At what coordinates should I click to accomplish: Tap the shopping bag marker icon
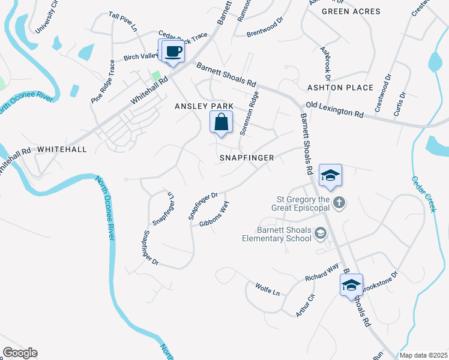(x=221, y=122)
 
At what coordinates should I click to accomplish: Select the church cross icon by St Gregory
(x=339, y=202)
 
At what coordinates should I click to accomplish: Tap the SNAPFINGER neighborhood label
(x=246, y=158)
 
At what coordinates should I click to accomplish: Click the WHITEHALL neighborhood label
(x=62, y=148)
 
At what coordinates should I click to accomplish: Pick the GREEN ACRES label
(x=351, y=11)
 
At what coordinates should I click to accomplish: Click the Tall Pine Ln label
(x=123, y=22)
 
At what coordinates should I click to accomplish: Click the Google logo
(x=20, y=353)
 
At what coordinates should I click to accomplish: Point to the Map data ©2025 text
(x=424, y=355)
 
